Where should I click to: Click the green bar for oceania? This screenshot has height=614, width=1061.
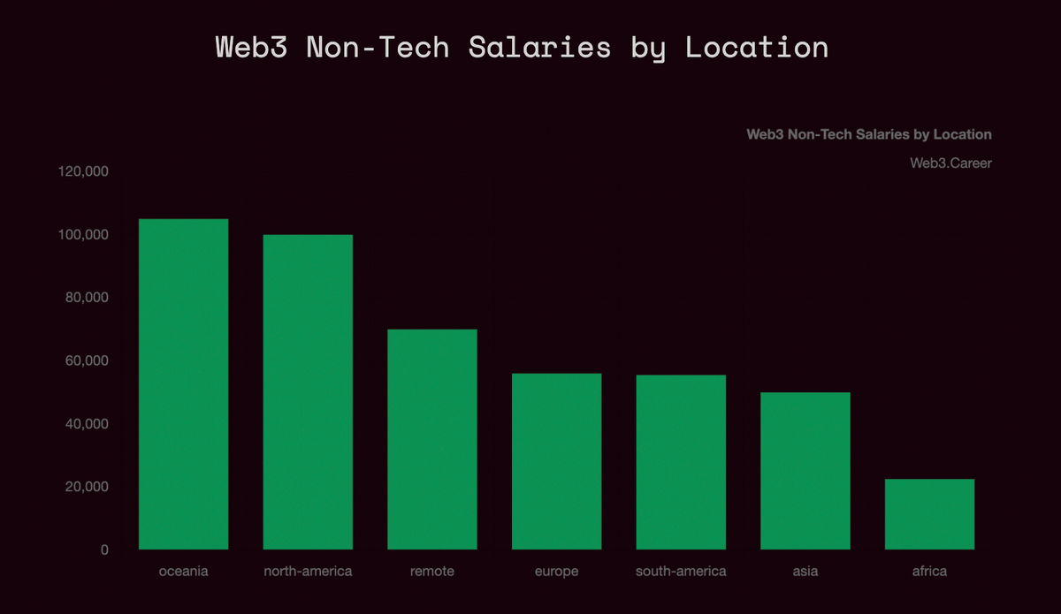point(184,384)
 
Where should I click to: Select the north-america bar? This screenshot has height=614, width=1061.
point(308,392)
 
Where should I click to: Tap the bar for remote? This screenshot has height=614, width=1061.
point(432,439)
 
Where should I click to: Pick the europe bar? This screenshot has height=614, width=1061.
point(557,461)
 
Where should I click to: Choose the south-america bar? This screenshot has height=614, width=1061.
point(681,462)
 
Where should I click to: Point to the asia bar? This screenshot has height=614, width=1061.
point(805,471)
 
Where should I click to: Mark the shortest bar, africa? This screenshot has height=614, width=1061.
point(929,514)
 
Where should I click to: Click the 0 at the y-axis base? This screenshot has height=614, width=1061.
point(104,550)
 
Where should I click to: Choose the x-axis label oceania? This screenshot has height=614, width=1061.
point(184,572)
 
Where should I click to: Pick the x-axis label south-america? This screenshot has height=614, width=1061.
point(681,572)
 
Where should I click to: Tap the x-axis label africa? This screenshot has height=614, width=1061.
point(929,572)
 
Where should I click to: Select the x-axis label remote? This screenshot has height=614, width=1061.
point(432,572)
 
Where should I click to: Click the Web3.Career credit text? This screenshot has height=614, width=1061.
point(950,163)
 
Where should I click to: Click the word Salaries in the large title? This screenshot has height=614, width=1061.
point(539,47)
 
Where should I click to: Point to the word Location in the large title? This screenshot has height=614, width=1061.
point(757,47)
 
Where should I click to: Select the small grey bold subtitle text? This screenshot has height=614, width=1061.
point(869,135)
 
